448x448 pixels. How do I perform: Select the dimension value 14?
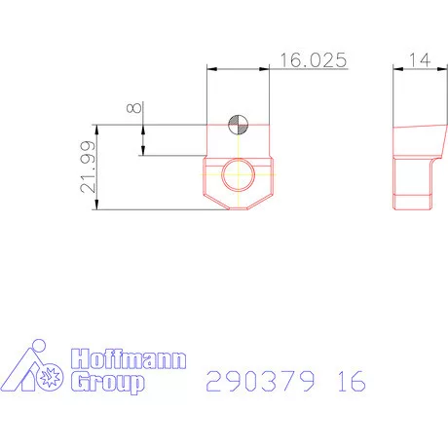coord(420,60)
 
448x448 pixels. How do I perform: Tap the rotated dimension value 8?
coord(133,108)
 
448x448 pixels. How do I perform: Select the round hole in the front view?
coord(238,175)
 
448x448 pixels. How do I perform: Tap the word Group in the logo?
coord(109,383)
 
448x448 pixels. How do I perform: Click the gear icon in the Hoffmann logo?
coord(49,372)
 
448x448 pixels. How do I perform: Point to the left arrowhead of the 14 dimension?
coord(397,68)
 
